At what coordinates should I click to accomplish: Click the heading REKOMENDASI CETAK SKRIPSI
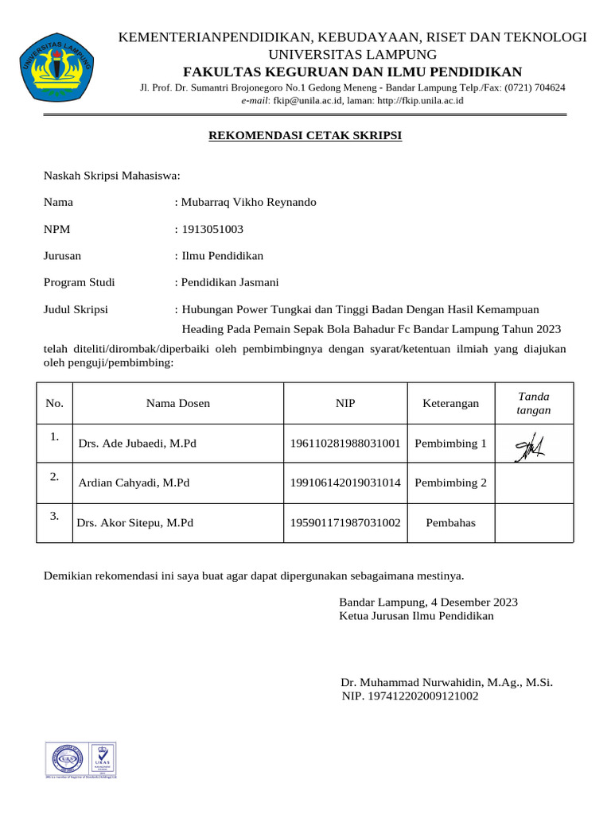(305, 136)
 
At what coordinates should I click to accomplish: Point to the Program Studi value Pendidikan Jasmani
(230, 282)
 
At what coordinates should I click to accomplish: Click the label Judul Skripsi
(76, 309)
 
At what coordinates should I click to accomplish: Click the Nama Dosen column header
(178, 403)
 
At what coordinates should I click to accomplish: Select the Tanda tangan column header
(533, 403)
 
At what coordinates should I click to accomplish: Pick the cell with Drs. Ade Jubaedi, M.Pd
(137, 444)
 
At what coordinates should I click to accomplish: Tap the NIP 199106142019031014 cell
(345, 483)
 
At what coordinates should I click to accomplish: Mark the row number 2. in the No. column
(55, 477)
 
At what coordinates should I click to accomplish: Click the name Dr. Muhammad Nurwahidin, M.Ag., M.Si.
(446, 682)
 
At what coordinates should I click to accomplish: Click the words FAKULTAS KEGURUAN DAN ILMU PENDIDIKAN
(352, 72)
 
